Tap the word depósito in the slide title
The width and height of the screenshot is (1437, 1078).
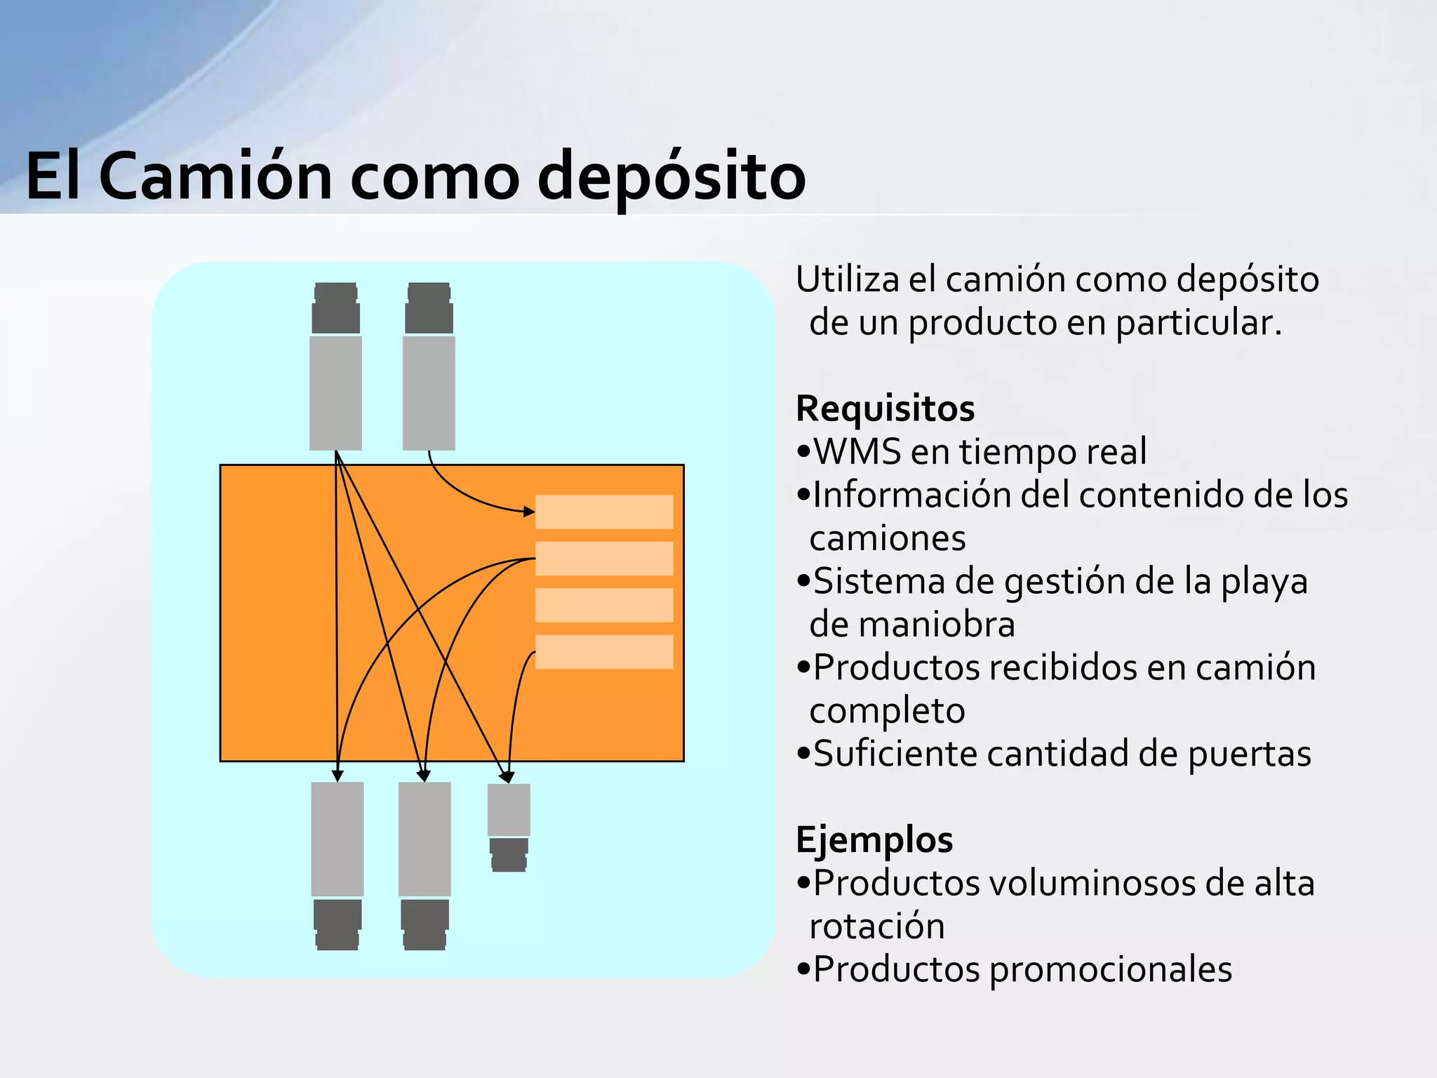671,178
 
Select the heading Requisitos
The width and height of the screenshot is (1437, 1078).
885,408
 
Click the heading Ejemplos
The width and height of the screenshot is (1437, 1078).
874,839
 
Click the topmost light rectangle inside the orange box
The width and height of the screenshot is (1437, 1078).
604,512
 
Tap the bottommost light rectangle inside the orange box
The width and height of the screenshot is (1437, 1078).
604,651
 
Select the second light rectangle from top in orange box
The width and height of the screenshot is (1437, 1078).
604,559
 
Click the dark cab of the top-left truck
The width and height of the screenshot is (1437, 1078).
335,309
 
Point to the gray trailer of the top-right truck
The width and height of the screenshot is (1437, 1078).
429,392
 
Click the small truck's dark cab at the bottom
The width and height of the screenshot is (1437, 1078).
509,854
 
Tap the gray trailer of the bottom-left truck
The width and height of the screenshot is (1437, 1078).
337,839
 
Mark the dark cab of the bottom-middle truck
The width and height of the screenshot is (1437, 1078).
425,924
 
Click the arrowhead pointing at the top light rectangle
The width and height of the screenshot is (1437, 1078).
529,512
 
